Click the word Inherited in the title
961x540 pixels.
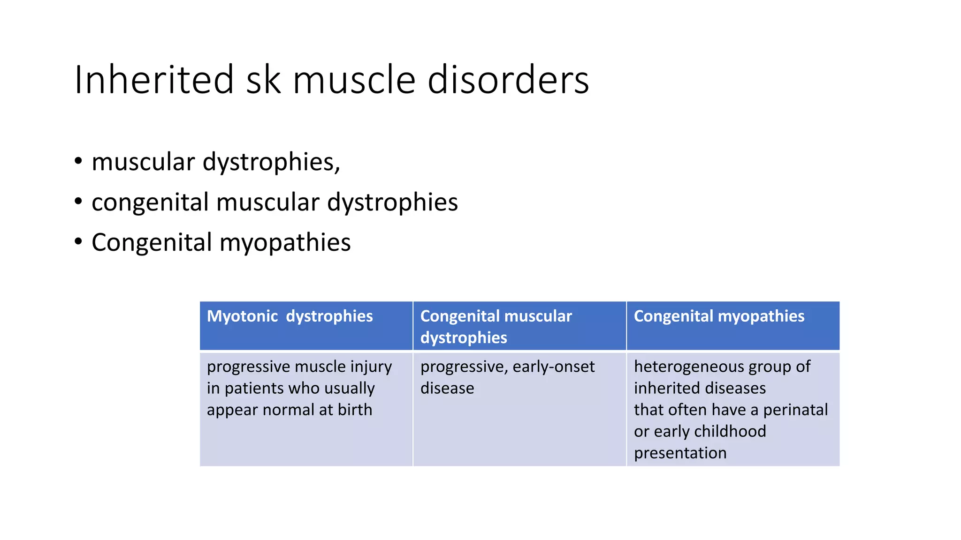(x=154, y=80)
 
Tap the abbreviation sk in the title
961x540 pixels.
(x=264, y=80)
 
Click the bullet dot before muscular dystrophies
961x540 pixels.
(x=78, y=161)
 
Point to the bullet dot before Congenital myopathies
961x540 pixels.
(x=78, y=242)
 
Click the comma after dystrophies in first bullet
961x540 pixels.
(x=337, y=169)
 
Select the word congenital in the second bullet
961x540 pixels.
(x=150, y=202)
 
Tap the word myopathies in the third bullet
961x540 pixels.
(x=285, y=243)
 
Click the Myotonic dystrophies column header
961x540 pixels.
(x=306, y=326)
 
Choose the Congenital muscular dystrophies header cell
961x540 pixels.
(x=519, y=326)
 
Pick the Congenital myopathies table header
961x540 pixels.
(x=733, y=326)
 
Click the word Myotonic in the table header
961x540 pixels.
(x=243, y=316)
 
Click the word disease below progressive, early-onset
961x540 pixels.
(x=447, y=388)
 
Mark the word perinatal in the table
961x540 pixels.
(x=795, y=410)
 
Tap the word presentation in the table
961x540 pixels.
(x=680, y=453)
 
